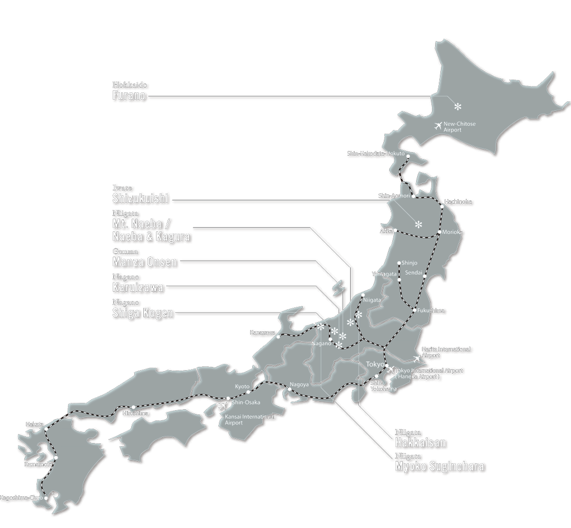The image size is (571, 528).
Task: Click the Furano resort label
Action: pos(128,96)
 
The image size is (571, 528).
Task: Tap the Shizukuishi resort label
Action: pos(140,199)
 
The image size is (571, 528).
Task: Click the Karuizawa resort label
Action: pos(137,287)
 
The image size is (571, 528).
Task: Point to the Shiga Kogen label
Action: pos(142,313)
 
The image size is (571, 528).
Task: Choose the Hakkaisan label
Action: pos(420,442)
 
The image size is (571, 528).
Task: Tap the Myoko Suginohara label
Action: pos(439,466)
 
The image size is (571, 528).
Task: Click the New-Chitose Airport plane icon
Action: pos(438,126)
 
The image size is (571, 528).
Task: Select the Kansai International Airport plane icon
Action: pos(223,406)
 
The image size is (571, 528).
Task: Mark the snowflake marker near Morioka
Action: pos(418,224)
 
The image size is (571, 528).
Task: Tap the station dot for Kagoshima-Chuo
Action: pos(46,497)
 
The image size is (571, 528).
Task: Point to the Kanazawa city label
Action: pos(262,332)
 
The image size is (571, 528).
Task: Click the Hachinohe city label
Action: pos(458,202)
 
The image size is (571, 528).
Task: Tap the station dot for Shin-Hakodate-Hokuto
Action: pos(408,156)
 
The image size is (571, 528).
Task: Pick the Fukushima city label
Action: pos(431,310)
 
